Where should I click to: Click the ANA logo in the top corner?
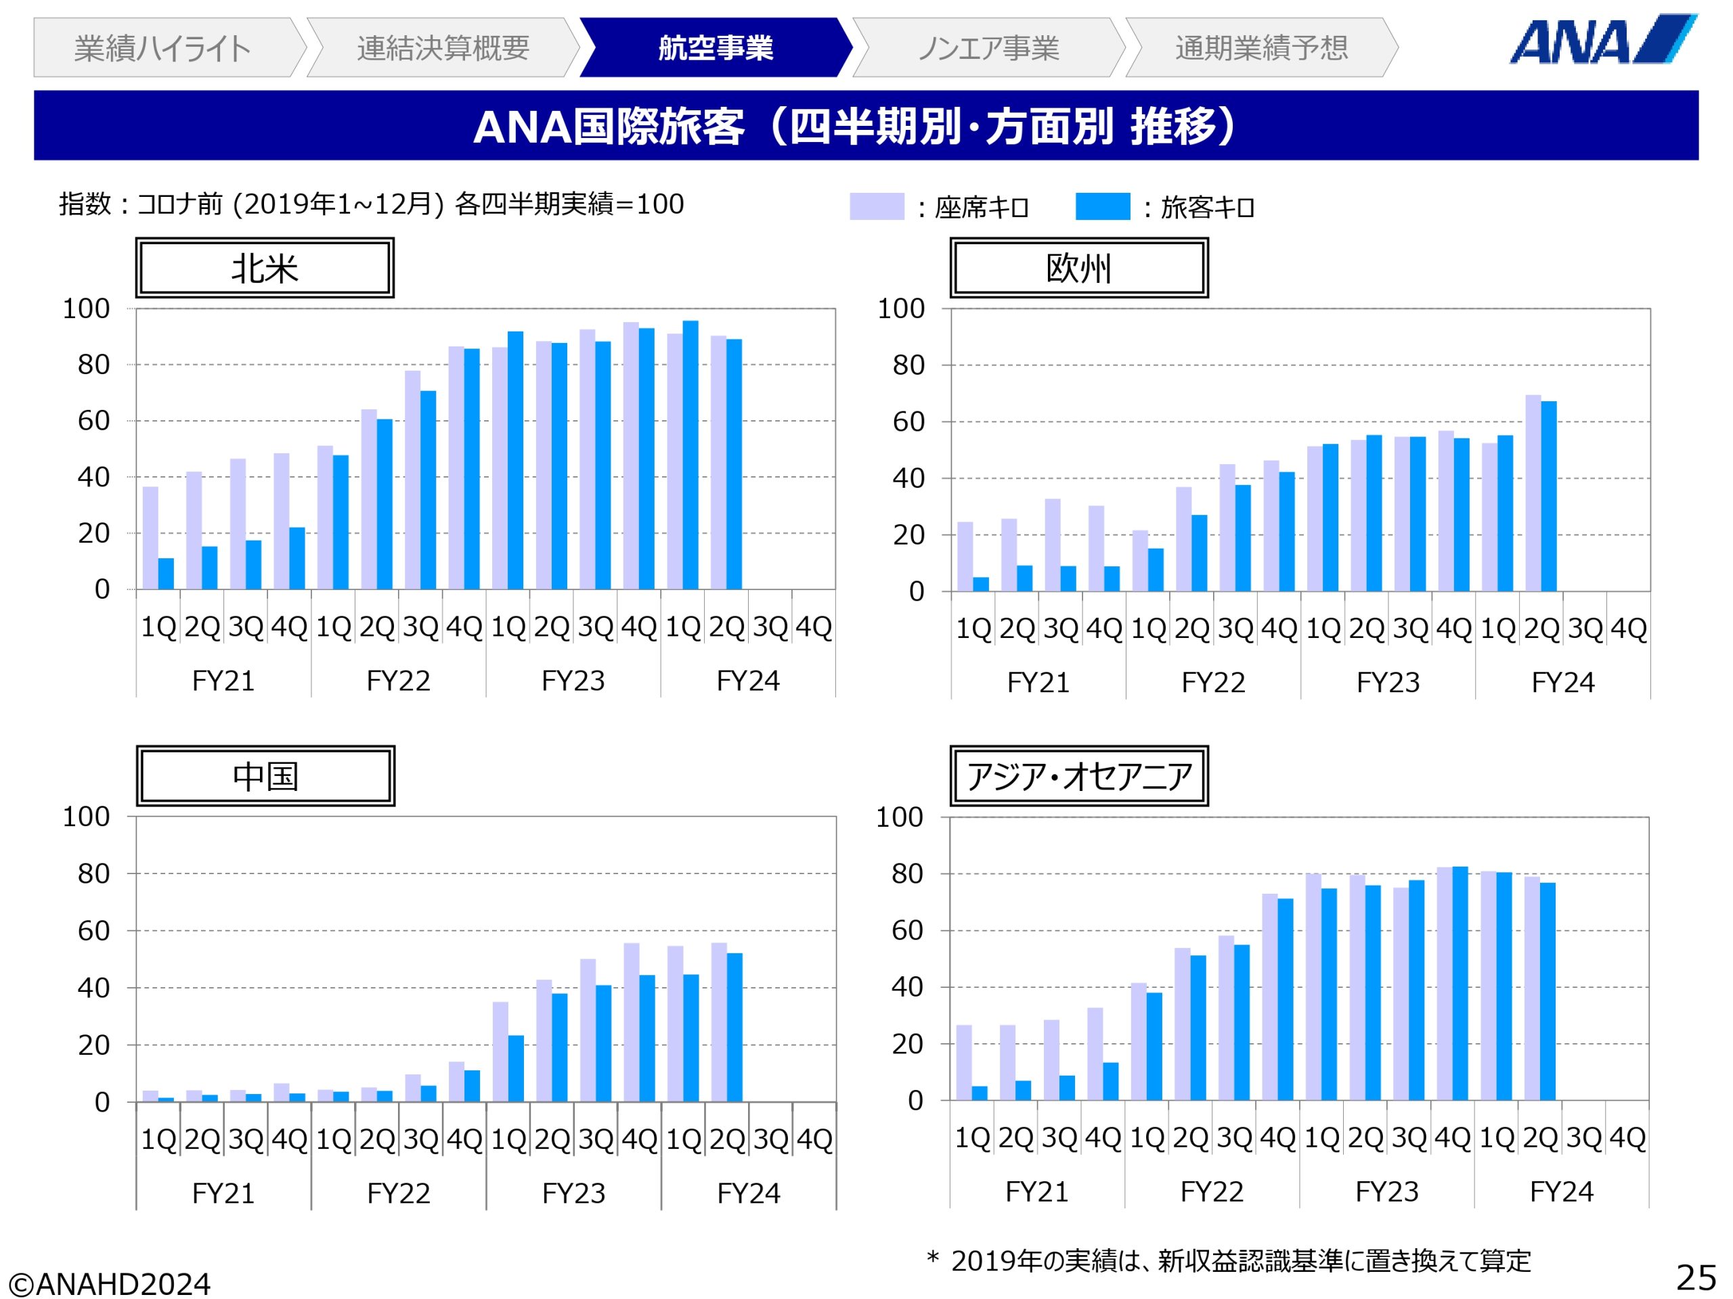[x=1602, y=40]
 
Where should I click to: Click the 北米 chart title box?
[x=265, y=268]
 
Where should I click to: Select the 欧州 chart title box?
[x=1079, y=268]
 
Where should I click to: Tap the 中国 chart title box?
[x=265, y=776]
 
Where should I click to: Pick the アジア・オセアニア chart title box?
[x=1079, y=776]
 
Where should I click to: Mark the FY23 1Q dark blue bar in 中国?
[x=517, y=1068]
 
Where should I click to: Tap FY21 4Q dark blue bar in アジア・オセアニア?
[x=1111, y=1080]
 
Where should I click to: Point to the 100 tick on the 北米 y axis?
[x=86, y=309]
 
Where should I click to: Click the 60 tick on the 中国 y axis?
[x=93, y=930]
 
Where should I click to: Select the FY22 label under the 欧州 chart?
[x=1213, y=683]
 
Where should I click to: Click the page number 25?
[x=1695, y=1278]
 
